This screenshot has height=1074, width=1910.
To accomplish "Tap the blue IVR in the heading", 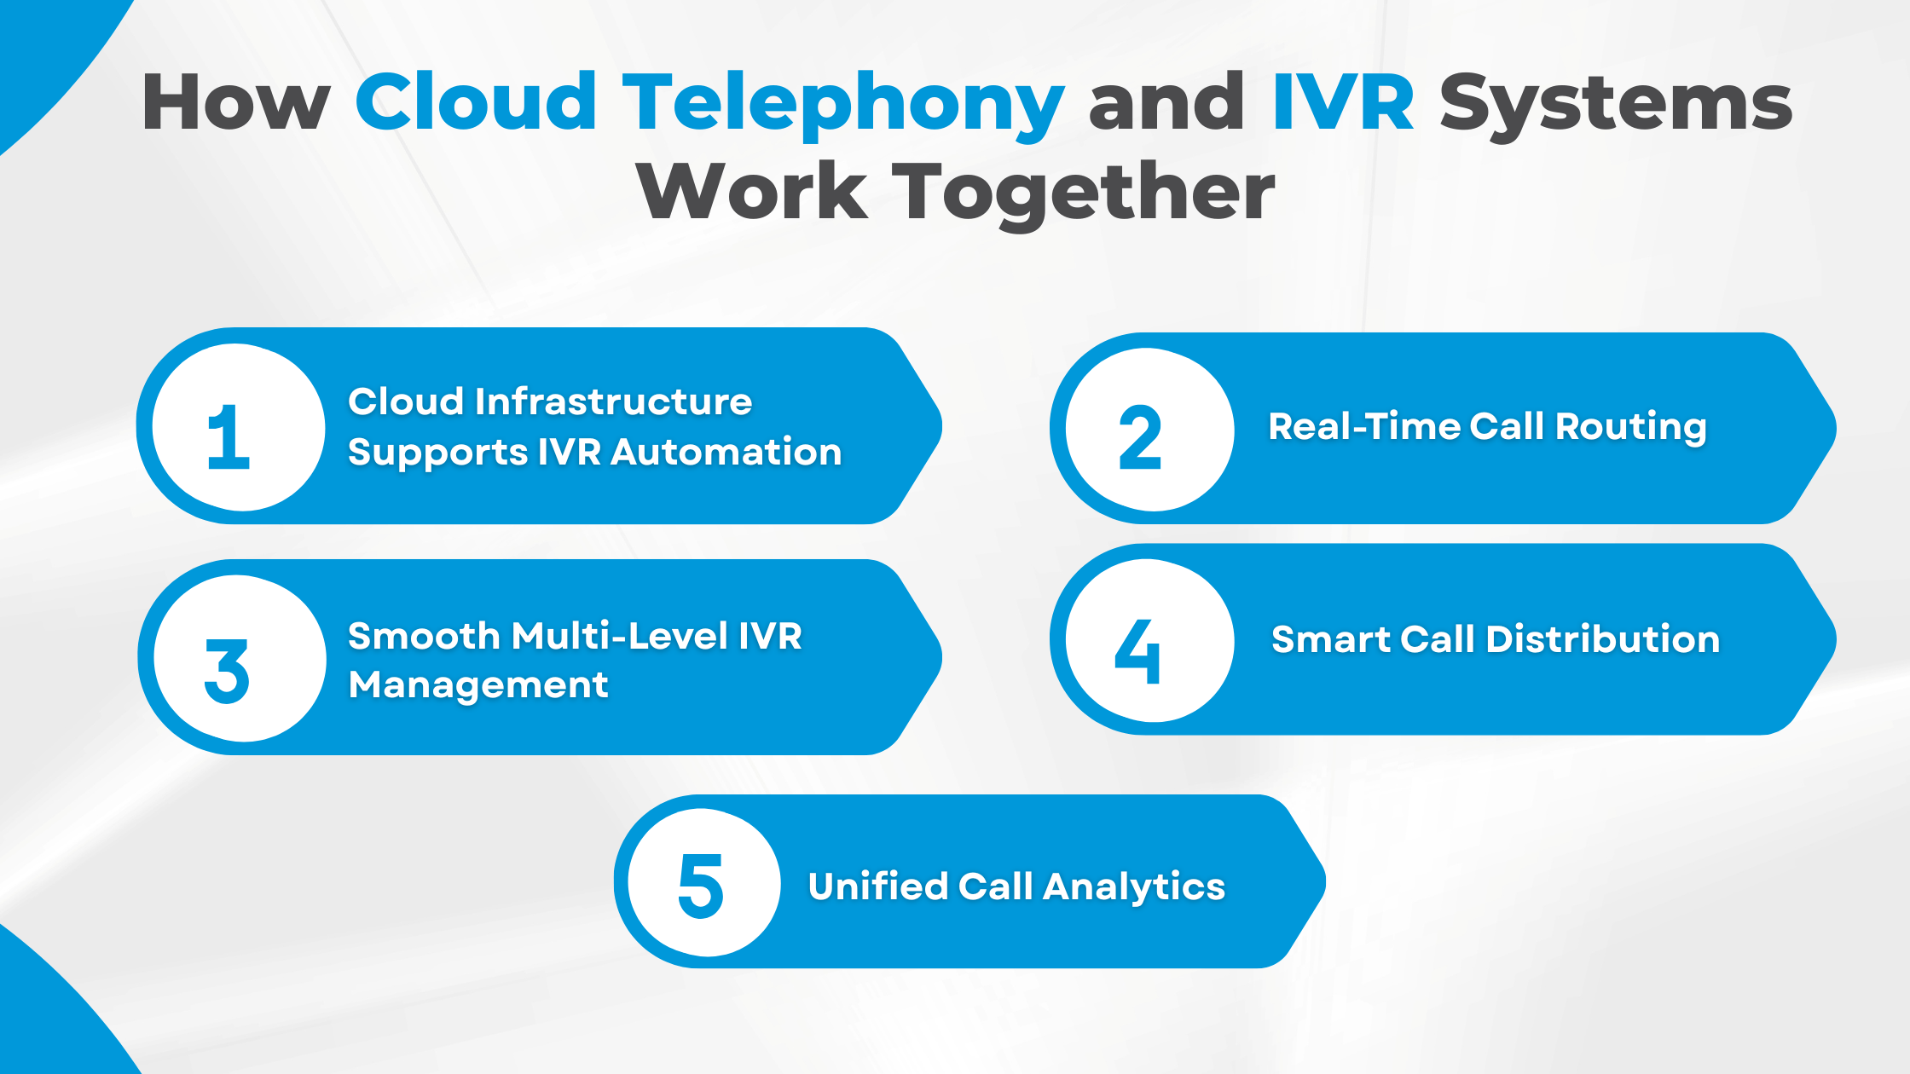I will coord(1342,104).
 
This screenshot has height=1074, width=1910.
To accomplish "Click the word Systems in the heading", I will coord(1616,104).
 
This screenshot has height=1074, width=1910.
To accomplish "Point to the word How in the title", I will coord(235,104).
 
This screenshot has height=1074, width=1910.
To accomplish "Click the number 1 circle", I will coord(238,428).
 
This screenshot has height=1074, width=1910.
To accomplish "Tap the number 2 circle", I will coord(1149,430).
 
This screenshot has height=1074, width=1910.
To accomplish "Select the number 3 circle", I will coord(240,659).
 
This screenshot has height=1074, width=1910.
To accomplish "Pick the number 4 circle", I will coord(1149,641).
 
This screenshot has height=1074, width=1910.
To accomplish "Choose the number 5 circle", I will coord(703,883).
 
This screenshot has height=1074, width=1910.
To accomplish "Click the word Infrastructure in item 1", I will coord(613,401).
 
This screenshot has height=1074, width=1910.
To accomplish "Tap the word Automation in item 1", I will coord(726,452).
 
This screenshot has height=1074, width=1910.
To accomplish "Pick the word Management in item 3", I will coord(478,685).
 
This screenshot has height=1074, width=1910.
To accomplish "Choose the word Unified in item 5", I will coord(877,886).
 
